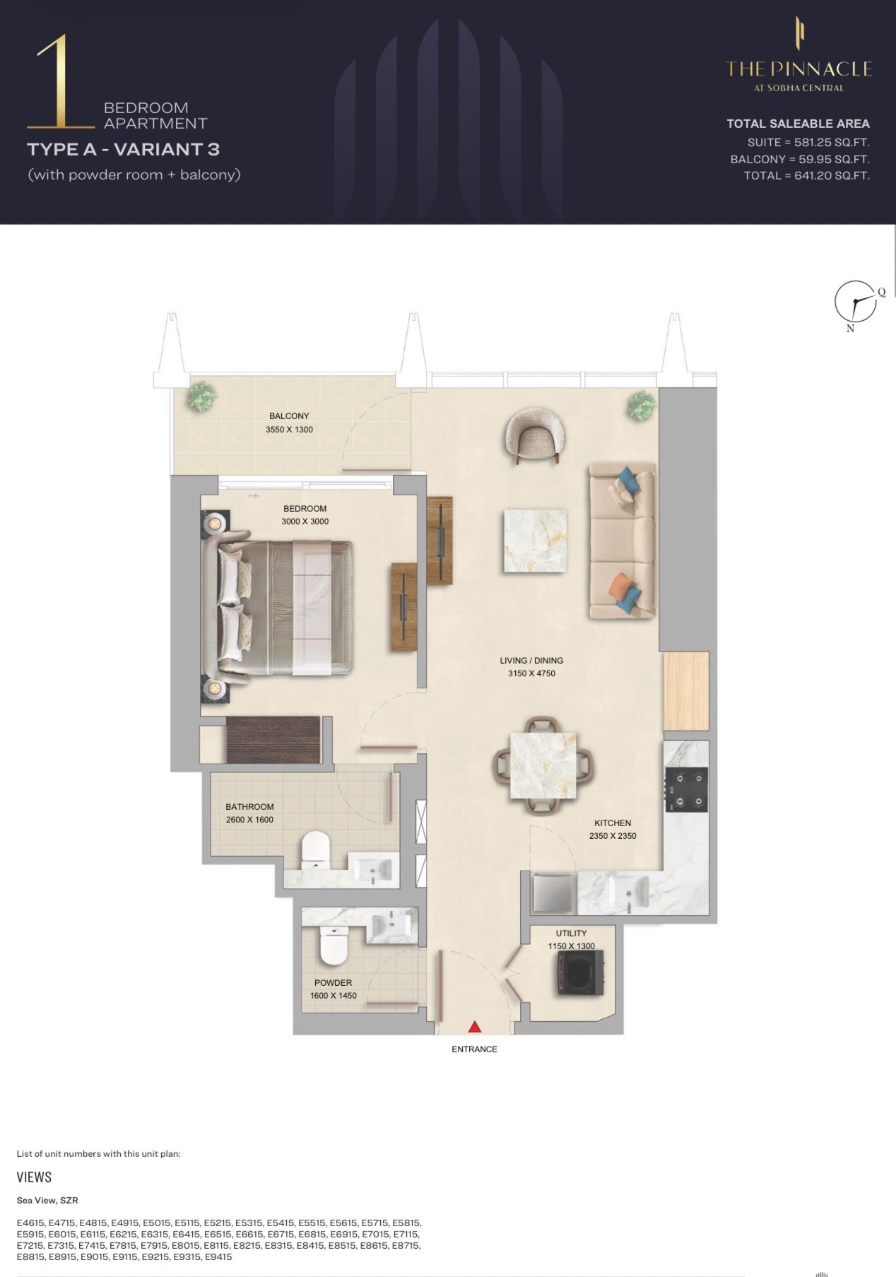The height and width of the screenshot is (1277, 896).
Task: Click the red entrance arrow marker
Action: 475,1027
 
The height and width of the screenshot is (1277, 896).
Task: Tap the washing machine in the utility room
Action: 580,973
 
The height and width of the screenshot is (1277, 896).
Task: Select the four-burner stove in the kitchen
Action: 685,789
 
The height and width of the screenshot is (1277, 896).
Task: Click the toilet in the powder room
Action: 333,946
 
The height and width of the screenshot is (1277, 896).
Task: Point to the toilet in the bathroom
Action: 315,850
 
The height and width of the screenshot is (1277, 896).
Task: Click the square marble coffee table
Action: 535,541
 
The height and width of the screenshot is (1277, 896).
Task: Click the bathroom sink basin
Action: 372,869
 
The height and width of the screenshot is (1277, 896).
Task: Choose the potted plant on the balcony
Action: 201,396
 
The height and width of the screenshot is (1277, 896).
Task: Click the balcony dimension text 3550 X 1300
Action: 289,430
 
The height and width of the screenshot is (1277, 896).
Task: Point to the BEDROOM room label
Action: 305,508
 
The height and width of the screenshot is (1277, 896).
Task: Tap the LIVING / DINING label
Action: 531,661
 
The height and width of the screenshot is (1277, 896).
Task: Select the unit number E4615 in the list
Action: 31,1223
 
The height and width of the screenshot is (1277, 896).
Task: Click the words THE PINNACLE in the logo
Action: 799,69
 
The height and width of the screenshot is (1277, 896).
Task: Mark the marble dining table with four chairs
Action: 543,766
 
